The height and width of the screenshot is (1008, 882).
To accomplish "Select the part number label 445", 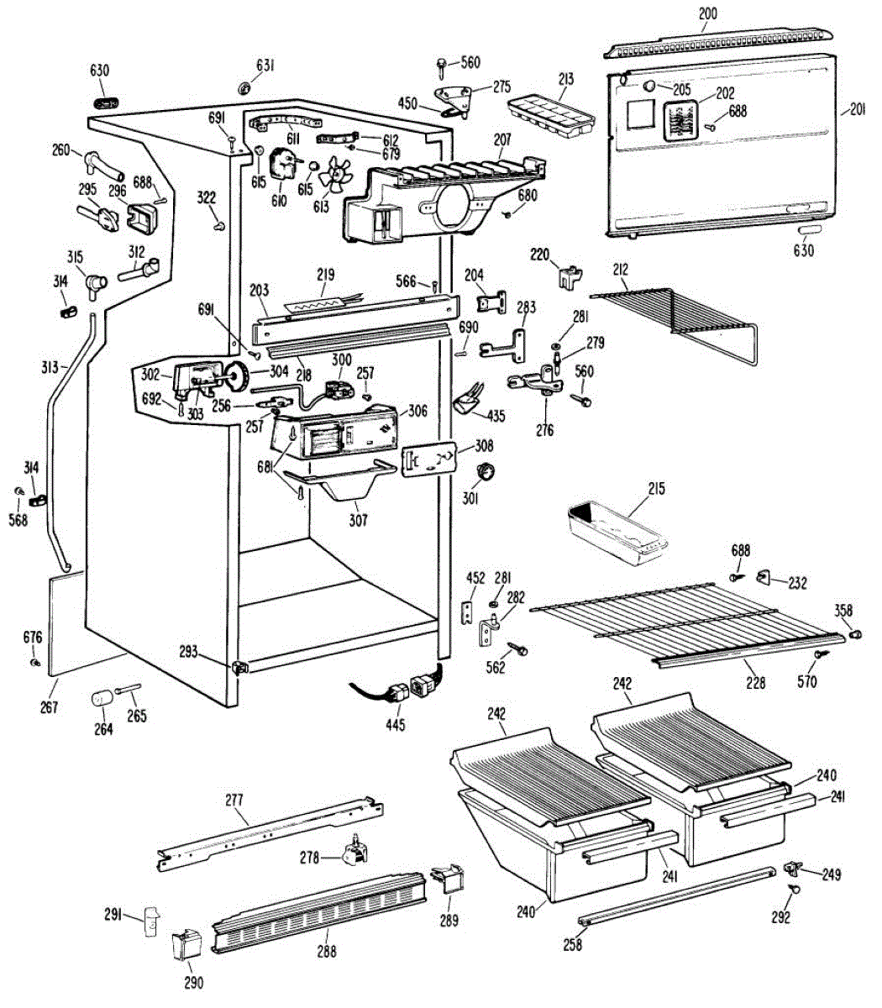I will pos(395,724).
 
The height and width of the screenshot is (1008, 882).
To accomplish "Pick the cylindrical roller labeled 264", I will pos(102,698).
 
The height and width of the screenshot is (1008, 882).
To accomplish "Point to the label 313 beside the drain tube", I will pos(50,366).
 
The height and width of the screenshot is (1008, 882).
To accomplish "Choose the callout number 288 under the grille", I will pos(326,952).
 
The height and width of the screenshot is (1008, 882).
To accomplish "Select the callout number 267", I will pos(50,707).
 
